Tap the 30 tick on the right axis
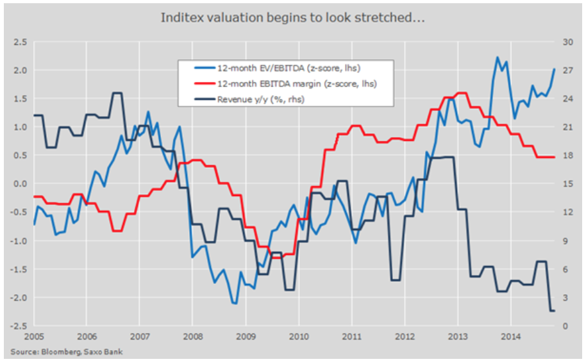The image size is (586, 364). point(567,42)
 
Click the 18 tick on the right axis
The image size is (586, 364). point(567,156)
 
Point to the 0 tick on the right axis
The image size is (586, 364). point(565,326)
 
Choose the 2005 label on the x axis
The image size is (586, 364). point(35,336)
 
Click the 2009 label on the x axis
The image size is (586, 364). point(246,336)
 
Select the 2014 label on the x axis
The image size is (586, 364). point(510,336)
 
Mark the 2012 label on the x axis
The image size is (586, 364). point(405,336)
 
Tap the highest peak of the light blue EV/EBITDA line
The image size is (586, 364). point(498,57)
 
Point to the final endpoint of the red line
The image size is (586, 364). point(555,157)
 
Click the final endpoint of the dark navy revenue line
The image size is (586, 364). point(555,311)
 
